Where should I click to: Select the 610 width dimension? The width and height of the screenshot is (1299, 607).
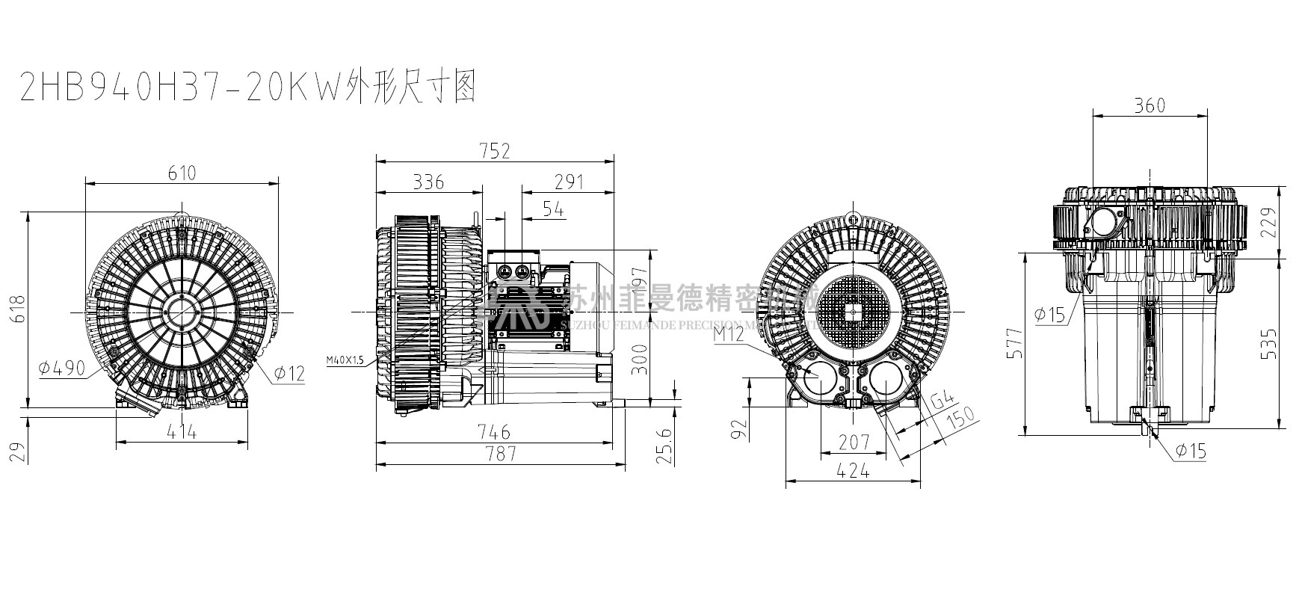[x=182, y=173]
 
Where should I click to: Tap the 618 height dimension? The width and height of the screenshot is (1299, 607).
[x=19, y=309]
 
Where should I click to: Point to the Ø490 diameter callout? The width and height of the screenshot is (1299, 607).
[x=64, y=367]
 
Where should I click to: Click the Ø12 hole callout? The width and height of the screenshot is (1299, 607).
[x=289, y=373]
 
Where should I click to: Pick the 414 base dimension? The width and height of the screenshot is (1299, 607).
[x=182, y=431]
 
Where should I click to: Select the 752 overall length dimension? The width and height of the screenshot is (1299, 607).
[x=495, y=151]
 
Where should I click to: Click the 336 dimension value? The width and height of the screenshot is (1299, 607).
[x=428, y=182]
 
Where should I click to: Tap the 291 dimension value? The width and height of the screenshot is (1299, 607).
[x=569, y=182]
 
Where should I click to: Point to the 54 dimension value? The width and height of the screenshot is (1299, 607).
[x=553, y=209]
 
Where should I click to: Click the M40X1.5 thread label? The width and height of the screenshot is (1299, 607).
[x=345, y=360]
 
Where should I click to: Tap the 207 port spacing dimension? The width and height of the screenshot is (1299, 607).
[x=854, y=443]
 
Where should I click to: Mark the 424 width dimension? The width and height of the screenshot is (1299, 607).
[x=854, y=470]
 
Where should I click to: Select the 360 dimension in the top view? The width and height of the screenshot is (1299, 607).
[x=1149, y=105]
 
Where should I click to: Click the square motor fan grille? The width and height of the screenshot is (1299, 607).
[x=852, y=309]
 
